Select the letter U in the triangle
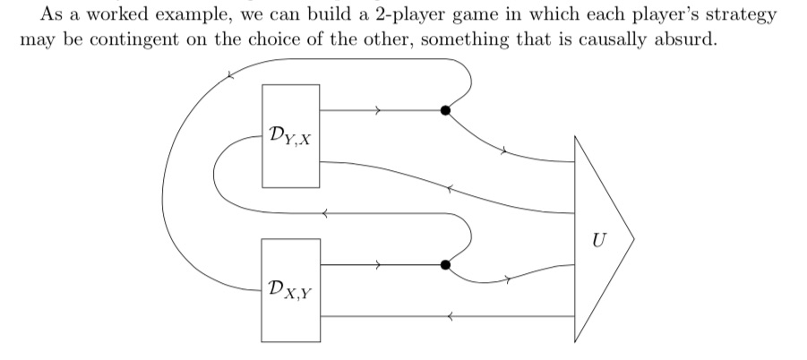(x=597, y=239)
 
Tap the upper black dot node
(x=445, y=111)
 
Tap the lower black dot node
(x=445, y=265)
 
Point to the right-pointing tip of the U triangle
(x=632, y=239)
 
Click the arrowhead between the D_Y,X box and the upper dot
(x=379, y=111)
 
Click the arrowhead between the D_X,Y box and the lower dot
(x=379, y=265)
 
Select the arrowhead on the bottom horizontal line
(x=451, y=316)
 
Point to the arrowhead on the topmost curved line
(x=230, y=75)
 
